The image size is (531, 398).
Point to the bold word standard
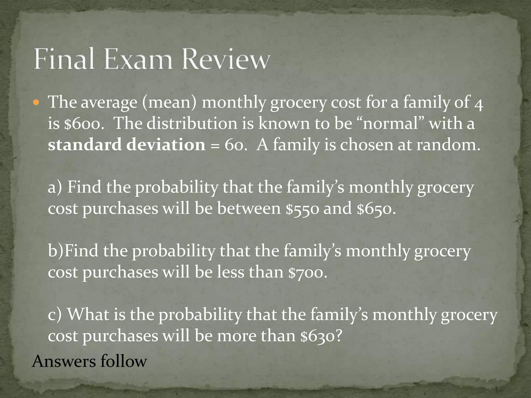coord(85,145)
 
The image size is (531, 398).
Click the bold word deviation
coord(166,145)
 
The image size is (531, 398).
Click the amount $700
coord(308,273)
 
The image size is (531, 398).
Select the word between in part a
coord(249,209)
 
